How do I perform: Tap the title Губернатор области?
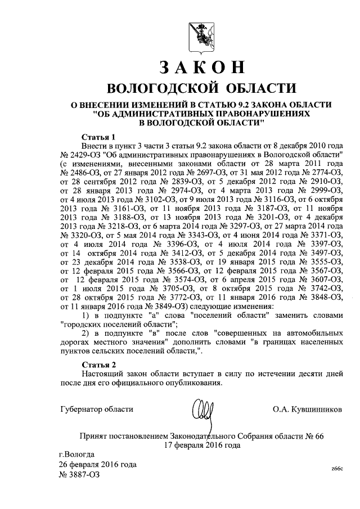[x=97, y=409]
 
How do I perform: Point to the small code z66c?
[x=336, y=469]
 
